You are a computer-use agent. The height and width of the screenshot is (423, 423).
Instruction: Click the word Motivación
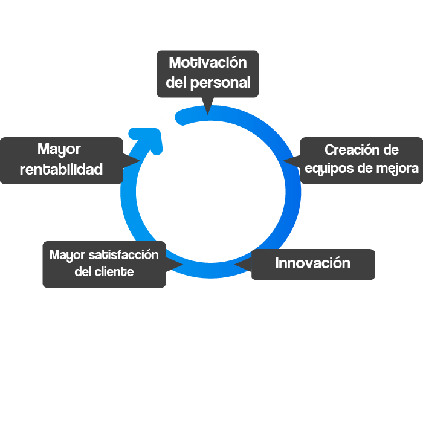(208, 63)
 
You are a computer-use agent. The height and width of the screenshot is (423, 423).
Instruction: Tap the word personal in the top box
(220, 83)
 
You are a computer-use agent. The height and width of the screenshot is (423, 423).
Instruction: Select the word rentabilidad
(61, 170)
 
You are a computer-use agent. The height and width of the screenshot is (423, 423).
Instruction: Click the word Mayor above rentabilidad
(59, 149)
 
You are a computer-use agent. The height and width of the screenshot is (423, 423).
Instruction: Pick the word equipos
(330, 168)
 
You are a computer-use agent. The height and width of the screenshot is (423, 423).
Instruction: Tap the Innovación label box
(312, 264)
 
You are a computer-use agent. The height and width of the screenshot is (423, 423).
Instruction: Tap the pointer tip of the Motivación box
(208, 112)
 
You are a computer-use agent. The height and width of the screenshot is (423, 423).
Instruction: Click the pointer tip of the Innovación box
(236, 265)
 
